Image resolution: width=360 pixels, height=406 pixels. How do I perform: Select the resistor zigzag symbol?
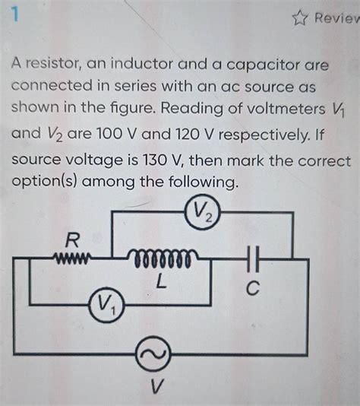point(72,259)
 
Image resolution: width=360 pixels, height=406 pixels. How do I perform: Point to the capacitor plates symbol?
point(254,259)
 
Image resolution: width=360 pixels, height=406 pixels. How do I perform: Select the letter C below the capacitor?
point(254,290)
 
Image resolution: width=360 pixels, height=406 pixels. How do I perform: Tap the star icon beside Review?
point(298,17)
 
